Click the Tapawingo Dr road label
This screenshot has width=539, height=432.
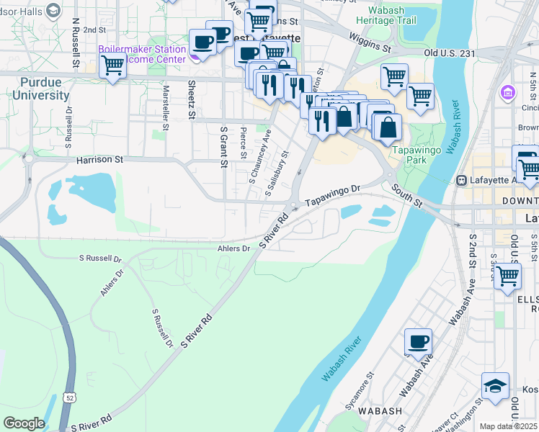point(331,195)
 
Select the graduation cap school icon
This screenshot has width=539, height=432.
point(496,387)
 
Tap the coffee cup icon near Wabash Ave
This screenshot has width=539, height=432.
point(418,342)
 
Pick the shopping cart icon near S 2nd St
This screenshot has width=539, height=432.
point(508,275)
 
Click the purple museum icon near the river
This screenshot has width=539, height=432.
point(509,93)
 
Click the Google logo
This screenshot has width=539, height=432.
point(24,423)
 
